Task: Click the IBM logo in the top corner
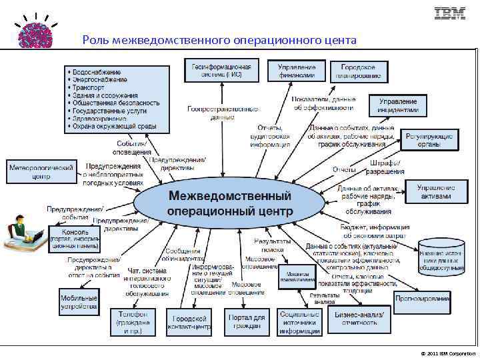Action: tap(450, 13)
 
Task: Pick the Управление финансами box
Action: tap(297, 71)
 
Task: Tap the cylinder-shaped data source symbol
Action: tap(441, 257)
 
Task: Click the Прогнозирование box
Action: tap(421, 299)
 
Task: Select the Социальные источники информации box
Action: tap(299, 322)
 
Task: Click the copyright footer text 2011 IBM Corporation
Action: tap(448, 353)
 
